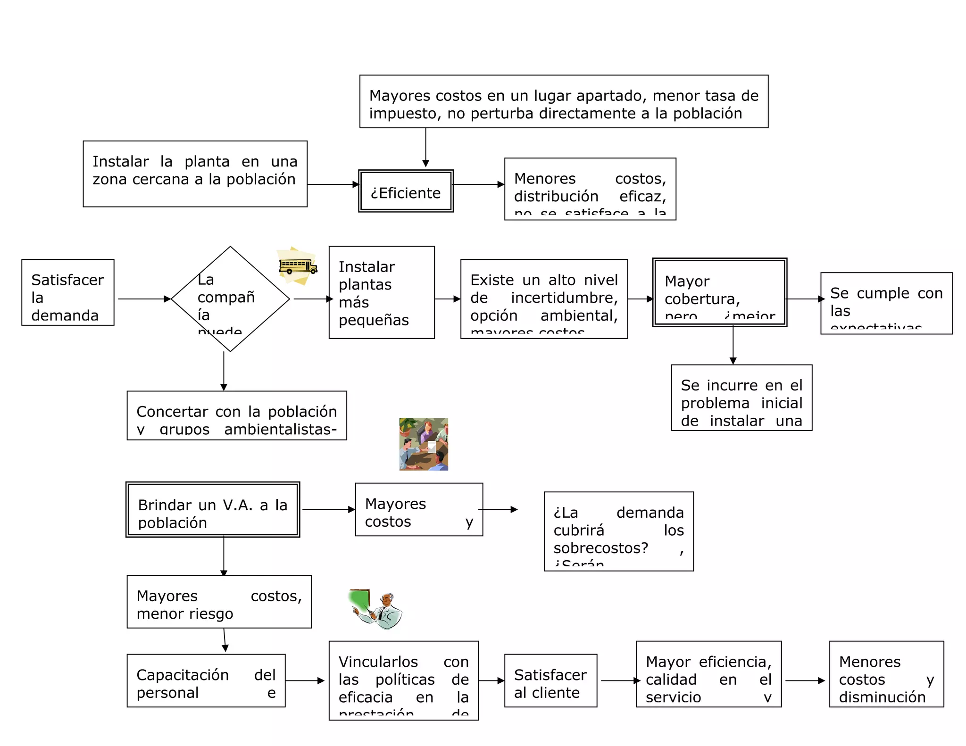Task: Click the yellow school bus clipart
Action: pos(298,266)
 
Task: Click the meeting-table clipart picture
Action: pos(423,444)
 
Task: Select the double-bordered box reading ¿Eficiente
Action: pos(406,191)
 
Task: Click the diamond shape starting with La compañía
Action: pos(230,299)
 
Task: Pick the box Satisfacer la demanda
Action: pos(67,292)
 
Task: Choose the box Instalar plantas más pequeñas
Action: pos(381,292)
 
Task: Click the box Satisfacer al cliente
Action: pos(550,680)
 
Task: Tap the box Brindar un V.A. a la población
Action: pos(213,510)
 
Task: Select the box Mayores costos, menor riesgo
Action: pos(219,602)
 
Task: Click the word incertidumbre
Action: pos(564,298)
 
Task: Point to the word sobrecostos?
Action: pos(600,548)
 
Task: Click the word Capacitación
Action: pos(183,675)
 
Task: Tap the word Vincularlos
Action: pos(378,662)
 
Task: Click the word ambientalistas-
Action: pos(281,430)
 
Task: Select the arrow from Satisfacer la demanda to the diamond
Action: pos(144,299)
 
